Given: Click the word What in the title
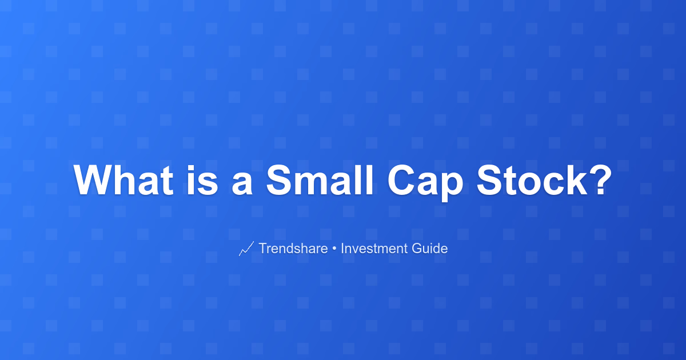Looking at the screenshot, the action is [x=123, y=180].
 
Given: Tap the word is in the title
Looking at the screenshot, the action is [x=202, y=180].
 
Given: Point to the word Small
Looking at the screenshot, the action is [x=320, y=180].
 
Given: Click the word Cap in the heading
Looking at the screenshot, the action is [x=425, y=183].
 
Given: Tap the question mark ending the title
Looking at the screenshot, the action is [x=601, y=179].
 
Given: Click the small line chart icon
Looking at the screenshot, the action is [x=246, y=248].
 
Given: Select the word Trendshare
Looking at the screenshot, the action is [x=293, y=248].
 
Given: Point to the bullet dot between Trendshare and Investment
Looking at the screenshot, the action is [x=334, y=249].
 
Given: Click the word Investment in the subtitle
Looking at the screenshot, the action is [x=374, y=248].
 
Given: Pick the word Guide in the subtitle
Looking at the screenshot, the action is [x=430, y=248].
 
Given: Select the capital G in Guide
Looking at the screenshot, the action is [x=417, y=248].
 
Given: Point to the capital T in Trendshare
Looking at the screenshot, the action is [x=264, y=248].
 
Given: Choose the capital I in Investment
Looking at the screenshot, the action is [x=342, y=248].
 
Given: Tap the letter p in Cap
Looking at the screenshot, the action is [x=452, y=187].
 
